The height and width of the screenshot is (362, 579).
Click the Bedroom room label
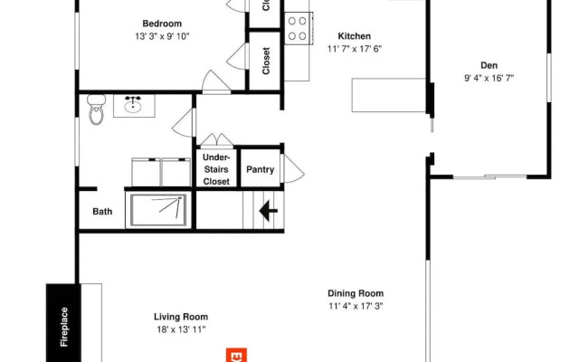tap(163, 24)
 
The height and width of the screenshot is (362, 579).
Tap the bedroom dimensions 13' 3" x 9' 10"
tap(163, 36)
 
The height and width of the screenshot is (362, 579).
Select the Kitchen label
tap(354, 36)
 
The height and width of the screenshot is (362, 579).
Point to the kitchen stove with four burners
tap(298, 29)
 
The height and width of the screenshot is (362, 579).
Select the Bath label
tap(102, 213)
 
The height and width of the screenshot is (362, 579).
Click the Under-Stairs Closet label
tap(216, 169)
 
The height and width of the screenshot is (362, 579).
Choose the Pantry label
tap(260, 169)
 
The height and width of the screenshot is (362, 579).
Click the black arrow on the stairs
tap(268, 211)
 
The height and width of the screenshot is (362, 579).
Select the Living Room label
tap(180, 316)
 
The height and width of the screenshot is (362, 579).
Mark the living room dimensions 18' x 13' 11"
tap(180, 329)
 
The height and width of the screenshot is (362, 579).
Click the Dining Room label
tap(356, 293)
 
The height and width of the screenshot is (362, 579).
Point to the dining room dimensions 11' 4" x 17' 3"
tap(356, 306)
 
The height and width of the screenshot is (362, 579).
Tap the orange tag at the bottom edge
tap(236, 355)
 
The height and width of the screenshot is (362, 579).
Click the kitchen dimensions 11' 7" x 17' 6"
tap(354, 49)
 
